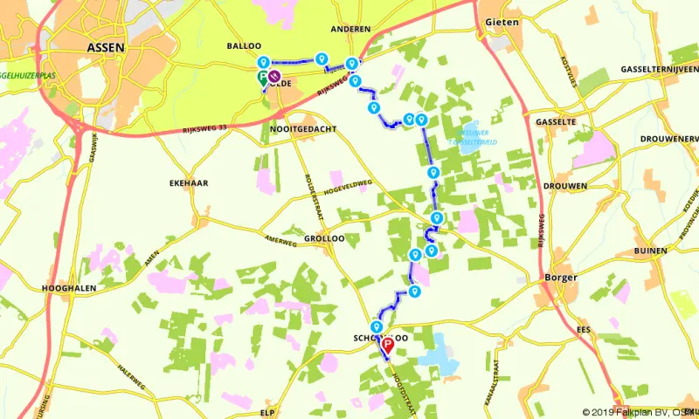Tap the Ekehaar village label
click(x=186, y=184)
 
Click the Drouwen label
click(x=560, y=186)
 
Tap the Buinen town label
click(x=650, y=251)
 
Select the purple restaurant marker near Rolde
click(x=274, y=77)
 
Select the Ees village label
click(x=583, y=329)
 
